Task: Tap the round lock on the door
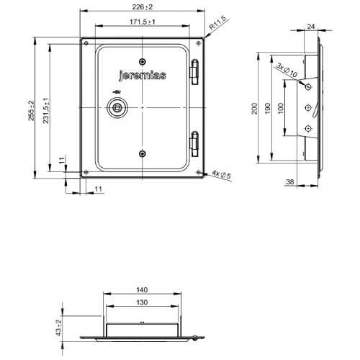coord(117,107)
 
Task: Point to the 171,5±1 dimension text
coord(144,24)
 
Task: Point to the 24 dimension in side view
coord(311,27)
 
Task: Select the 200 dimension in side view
coord(254,108)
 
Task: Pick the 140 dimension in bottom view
coord(141,289)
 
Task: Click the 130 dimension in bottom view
coord(141,302)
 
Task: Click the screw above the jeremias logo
coord(143,60)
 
